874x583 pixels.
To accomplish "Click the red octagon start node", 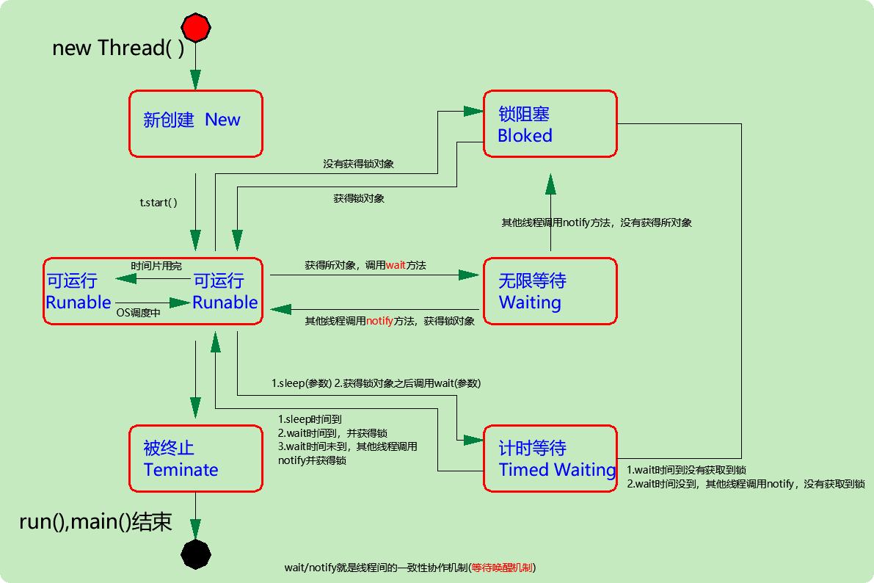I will tap(196, 28).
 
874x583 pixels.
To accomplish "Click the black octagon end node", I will tap(196, 553).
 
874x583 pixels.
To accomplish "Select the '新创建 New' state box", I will tap(195, 123).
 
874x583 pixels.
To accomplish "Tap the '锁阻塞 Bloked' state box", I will tap(550, 123).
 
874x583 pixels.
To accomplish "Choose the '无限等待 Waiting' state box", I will tap(550, 291).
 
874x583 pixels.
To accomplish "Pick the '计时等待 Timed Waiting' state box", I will tap(550, 458).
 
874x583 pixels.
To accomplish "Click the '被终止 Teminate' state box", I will tap(195, 458).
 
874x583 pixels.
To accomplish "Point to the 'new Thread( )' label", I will tap(118, 48).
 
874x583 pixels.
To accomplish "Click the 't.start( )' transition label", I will tap(159, 203).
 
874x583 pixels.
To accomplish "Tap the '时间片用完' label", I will tap(156, 266).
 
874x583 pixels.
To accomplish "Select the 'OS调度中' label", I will tap(139, 312).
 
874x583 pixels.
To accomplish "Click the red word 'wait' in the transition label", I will tap(395, 264).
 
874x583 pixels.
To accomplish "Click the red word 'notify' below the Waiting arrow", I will tap(379, 320).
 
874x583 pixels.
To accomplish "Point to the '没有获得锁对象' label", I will tap(358, 164).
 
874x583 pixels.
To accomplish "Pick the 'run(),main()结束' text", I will tap(95, 521).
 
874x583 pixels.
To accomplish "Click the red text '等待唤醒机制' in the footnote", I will tap(503, 568).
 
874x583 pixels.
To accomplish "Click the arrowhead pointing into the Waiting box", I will tap(469, 275).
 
